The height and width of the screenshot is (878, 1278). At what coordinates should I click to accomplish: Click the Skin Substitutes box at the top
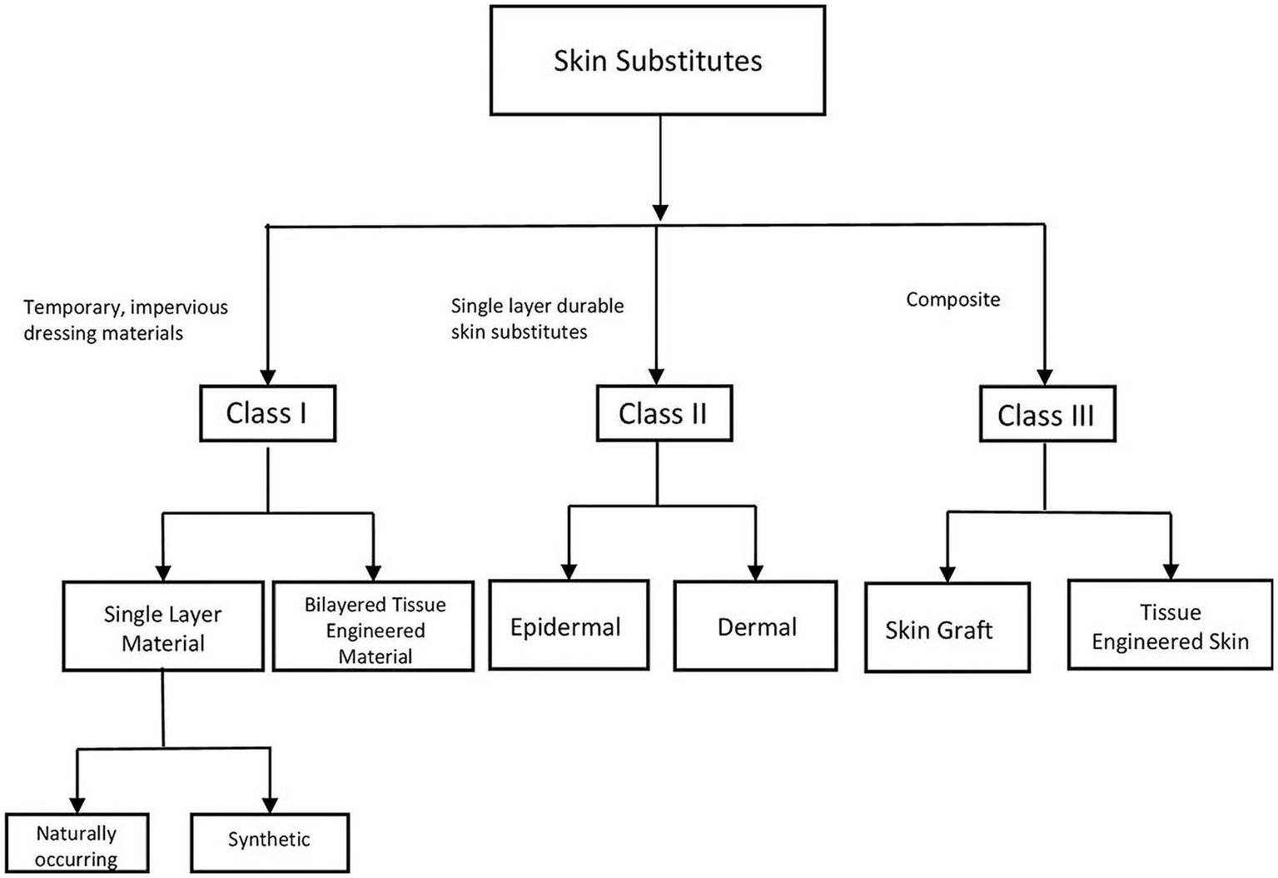pyautogui.click(x=658, y=61)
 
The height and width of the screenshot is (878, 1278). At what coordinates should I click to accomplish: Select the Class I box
pyautogui.click(x=267, y=413)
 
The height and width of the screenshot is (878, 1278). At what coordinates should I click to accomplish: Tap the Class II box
pyautogui.click(x=664, y=413)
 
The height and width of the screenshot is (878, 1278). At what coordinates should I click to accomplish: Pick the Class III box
pyautogui.click(x=1047, y=415)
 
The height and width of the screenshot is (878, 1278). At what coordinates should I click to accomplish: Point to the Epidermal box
pyautogui.click(x=568, y=626)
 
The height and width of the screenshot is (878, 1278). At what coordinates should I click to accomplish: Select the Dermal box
pyautogui.click(x=756, y=626)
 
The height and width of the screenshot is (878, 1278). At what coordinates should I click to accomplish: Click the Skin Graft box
pyautogui.click(x=947, y=629)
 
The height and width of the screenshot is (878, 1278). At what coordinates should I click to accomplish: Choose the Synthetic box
pyautogui.click(x=270, y=841)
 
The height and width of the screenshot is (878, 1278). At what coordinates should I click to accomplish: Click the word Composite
pyautogui.click(x=952, y=300)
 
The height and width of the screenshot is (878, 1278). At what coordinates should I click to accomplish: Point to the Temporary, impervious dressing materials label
pyautogui.click(x=125, y=320)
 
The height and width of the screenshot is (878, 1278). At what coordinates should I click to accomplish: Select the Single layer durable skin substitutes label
pyautogui.click(x=537, y=319)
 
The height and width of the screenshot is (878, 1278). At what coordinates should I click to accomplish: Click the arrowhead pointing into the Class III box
pyautogui.click(x=1045, y=377)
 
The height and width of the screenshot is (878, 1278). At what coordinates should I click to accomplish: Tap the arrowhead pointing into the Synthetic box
pyautogui.click(x=270, y=804)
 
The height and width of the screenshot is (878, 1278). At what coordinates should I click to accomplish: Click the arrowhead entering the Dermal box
pyautogui.click(x=755, y=571)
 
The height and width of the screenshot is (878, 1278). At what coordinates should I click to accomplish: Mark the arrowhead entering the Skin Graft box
pyautogui.click(x=947, y=573)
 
